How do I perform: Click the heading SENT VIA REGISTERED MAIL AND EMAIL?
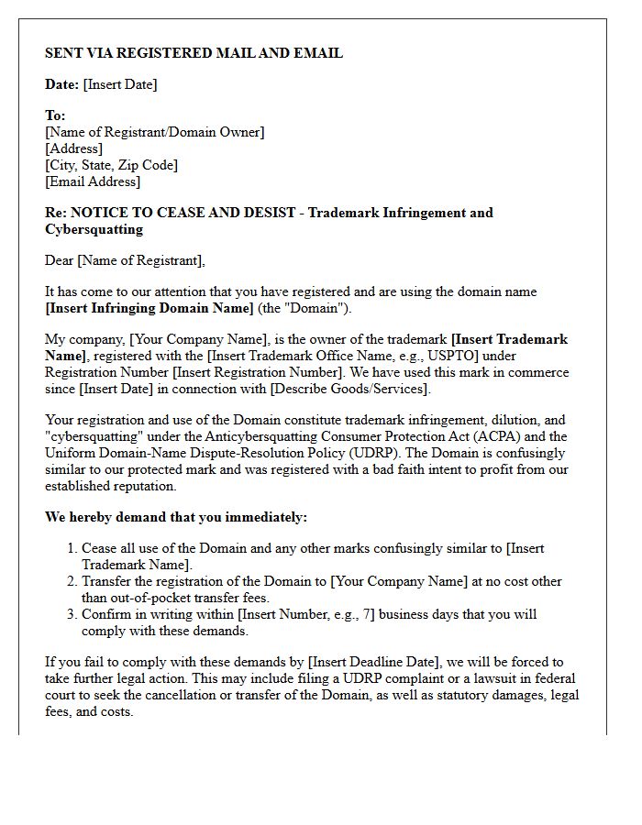pyautogui.click(x=194, y=53)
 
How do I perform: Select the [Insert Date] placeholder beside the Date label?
pyautogui.click(x=120, y=84)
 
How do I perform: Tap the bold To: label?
pyautogui.click(x=55, y=115)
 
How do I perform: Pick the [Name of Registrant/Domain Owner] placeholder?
pyautogui.click(x=154, y=132)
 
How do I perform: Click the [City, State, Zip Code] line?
pyautogui.click(x=111, y=165)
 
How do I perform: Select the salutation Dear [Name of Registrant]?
pyautogui.click(x=125, y=260)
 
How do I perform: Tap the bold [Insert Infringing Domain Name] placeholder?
pyautogui.click(x=149, y=308)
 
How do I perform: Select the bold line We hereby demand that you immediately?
pyautogui.click(x=176, y=517)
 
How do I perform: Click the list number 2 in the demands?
pyautogui.click(x=72, y=581)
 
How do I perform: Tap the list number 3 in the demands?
pyautogui.click(x=72, y=614)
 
